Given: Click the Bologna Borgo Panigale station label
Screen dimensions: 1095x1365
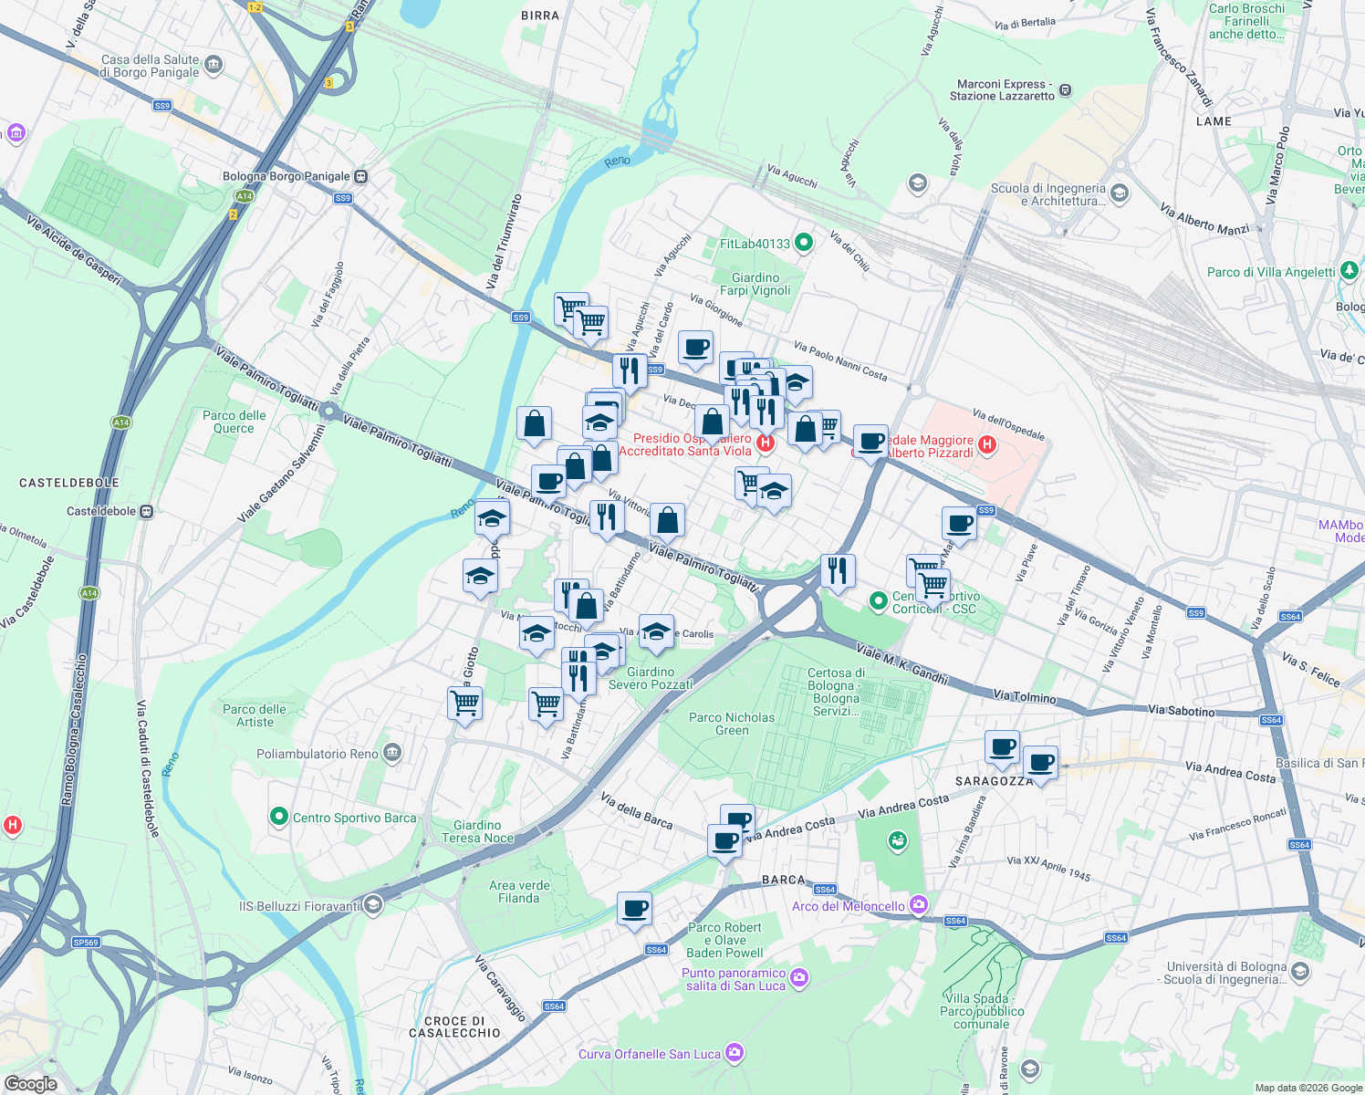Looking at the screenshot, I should [x=287, y=176].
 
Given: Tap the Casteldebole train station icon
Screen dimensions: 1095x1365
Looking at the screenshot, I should [x=146, y=512].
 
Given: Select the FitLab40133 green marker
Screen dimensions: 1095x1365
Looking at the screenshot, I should [x=804, y=243].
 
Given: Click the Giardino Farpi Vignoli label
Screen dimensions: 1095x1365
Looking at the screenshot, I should [x=755, y=284].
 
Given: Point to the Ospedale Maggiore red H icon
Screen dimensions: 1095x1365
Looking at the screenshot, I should [x=986, y=445].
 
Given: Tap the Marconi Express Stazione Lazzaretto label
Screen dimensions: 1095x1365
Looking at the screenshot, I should [x=1001, y=89].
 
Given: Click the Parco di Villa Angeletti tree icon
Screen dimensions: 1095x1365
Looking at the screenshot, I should [x=1350, y=272].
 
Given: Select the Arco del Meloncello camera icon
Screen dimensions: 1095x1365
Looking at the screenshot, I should [x=919, y=905].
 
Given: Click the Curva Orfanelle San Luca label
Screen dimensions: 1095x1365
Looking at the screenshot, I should [x=650, y=1054].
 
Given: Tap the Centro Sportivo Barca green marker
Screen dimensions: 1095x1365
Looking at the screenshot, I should [x=279, y=817].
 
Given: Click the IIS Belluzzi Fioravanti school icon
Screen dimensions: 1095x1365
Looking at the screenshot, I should [x=372, y=905].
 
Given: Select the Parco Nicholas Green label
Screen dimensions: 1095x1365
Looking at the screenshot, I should [x=732, y=724].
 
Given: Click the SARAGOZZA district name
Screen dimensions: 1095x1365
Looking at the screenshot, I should [x=994, y=781].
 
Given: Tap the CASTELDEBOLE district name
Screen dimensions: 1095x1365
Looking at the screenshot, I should [x=69, y=482].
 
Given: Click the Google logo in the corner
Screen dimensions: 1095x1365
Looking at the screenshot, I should [x=31, y=1083].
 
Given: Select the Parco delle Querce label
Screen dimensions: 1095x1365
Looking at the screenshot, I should [x=234, y=422].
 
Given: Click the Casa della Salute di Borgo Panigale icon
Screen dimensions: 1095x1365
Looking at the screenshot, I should [x=214, y=65].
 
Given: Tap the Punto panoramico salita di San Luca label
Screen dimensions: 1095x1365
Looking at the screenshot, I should [x=735, y=979].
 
